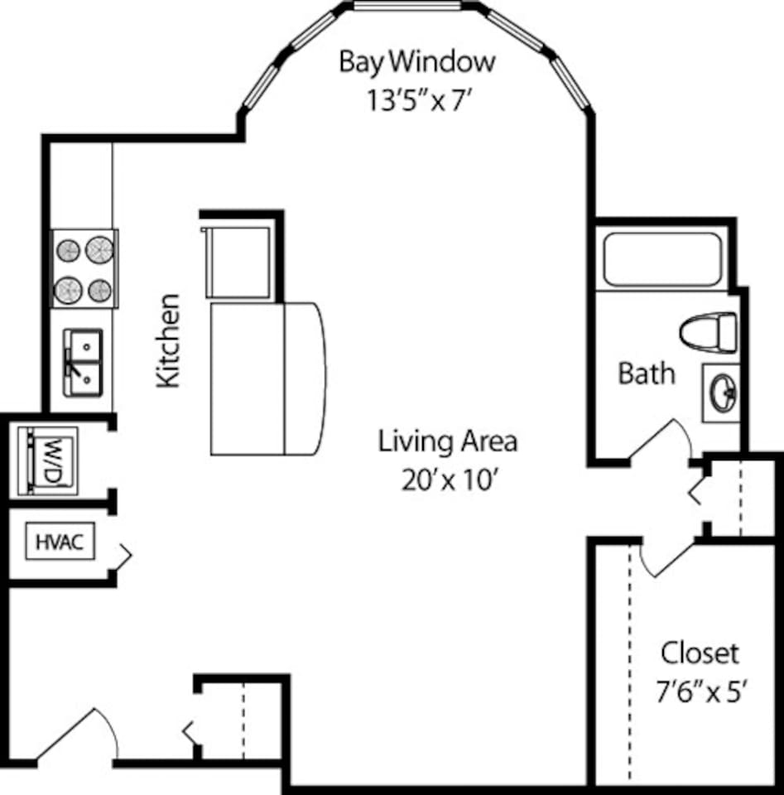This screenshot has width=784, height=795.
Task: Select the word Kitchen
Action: pos(169,340)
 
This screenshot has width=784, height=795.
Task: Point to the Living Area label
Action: pos(448,441)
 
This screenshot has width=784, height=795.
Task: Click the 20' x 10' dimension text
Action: pos(448,480)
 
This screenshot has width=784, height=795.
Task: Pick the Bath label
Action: pos(647,373)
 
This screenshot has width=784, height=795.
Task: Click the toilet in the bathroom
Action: pos(708,331)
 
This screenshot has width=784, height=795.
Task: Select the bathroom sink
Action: pos(721,390)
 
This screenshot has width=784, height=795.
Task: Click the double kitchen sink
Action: pos(83,363)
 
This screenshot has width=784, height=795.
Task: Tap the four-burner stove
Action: pos(84,268)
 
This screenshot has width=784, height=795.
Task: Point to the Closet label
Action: pos(699,653)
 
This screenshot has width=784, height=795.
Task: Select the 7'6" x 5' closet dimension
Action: pos(702,692)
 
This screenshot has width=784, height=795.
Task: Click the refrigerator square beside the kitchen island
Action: pos(238,260)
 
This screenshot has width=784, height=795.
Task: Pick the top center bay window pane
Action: pos(407,7)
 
